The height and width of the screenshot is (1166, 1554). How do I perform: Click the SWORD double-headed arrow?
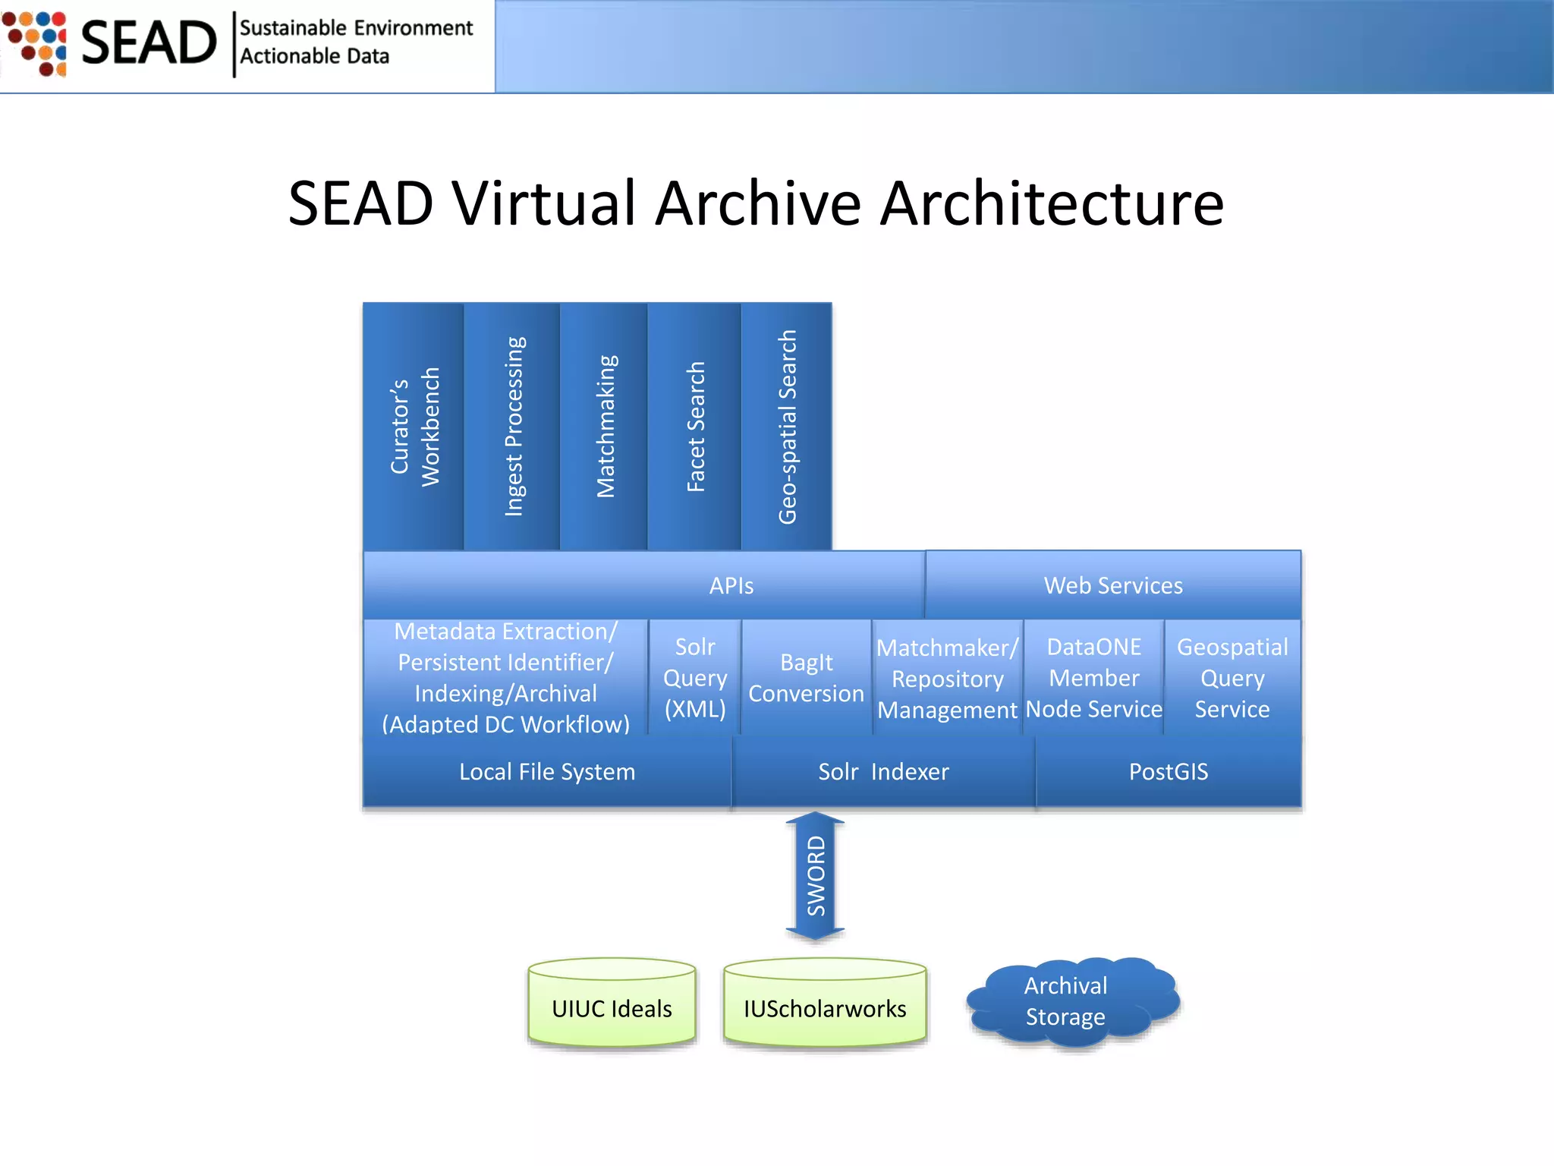coord(815,876)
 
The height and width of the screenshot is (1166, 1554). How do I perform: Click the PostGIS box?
coord(1168,771)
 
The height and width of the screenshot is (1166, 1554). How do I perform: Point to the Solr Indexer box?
coord(883,771)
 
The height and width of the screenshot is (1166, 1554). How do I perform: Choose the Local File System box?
coord(547,771)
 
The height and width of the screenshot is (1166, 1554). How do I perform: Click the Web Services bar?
coord(1113,585)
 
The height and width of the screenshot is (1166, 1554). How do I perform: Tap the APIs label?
coord(731,586)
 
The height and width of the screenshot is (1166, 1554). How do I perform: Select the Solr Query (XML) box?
coord(695,678)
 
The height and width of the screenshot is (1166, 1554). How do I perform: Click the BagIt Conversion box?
coord(806,678)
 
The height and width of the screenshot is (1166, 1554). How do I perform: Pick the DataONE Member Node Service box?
coord(1093,678)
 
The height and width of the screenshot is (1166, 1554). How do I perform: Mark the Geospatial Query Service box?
coord(1232,678)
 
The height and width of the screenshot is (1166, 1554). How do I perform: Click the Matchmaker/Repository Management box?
coord(947,679)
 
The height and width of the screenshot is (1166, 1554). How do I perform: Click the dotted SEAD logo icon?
coord(36,43)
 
